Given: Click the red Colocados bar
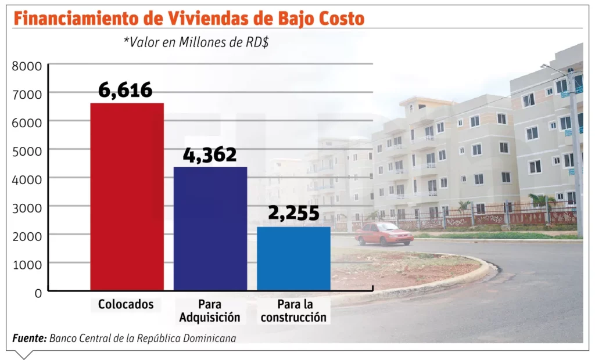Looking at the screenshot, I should click(127, 196).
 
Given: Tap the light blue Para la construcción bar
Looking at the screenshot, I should click(293, 258).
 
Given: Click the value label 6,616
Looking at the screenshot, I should click(125, 90).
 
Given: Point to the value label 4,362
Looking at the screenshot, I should click(209, 154).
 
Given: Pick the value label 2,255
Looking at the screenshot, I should click(293, 213).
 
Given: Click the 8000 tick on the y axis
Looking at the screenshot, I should click(27, 66).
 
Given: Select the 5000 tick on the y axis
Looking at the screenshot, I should click(27, 151).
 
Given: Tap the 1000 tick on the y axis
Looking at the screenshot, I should click(27, 264).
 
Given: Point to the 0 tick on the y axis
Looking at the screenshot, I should click(38, 293).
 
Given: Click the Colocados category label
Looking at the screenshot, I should click(126, 304).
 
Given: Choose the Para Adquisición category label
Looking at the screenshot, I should click(210, 311).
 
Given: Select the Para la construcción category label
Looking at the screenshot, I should click(293, 311).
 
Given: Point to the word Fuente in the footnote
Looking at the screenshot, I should click(29, 338).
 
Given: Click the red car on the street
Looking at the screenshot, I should click(384, 233).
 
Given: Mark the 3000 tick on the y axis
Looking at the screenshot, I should click(27, 207).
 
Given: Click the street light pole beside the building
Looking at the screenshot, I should click(575, 157).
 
